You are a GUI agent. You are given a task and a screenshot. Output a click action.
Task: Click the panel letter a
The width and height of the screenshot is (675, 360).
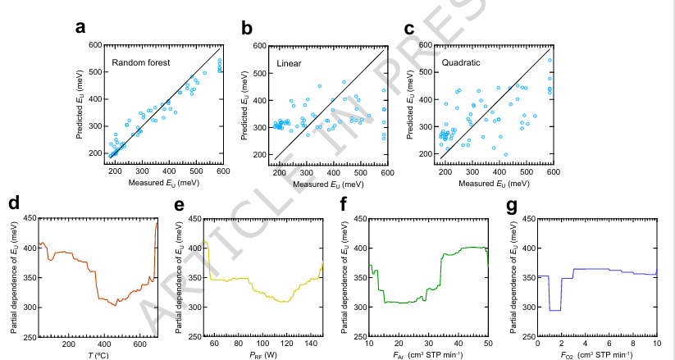[x=80, y=28]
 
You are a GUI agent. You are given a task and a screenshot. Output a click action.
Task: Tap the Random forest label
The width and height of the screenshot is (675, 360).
[x=141, y=63]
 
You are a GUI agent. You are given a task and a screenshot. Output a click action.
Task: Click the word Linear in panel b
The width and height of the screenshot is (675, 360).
[x=289, y=64]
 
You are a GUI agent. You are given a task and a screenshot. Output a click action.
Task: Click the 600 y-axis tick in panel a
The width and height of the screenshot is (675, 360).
[x=95, y=45]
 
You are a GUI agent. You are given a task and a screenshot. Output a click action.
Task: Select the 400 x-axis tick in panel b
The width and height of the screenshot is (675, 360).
[x=334, y=173]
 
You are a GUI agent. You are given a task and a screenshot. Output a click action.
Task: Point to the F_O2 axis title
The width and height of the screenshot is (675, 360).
[x=596, y=355]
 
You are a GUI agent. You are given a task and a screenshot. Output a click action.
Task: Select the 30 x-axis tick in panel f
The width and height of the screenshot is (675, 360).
[x=428, y=344]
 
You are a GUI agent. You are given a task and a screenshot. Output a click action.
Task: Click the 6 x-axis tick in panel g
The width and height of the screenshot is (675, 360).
[x=609, y=344]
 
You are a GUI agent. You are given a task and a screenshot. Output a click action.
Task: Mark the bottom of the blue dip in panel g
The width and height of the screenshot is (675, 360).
[x=555, y=311]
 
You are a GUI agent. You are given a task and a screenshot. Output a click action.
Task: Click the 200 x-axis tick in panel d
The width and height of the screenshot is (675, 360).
[x=69, y=344]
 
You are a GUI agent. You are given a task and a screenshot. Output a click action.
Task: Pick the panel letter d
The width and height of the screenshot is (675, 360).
[x=14, y=203]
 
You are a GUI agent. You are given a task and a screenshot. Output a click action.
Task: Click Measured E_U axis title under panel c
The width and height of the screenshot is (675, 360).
[x=494, y=184]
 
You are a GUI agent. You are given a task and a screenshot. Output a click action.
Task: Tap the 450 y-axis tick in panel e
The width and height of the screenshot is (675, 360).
[x=195, y=219]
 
